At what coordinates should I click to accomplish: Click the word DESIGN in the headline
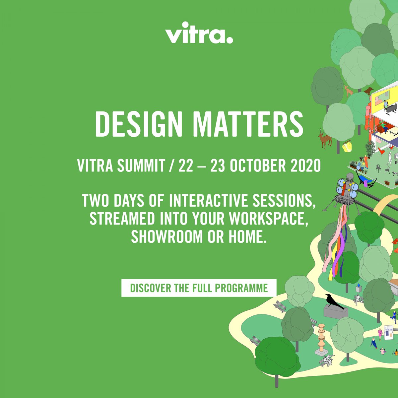[139, 124]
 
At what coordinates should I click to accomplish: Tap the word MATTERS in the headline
[248, 124]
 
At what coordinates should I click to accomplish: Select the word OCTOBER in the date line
[258, 166]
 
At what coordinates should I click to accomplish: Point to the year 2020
[306, 166]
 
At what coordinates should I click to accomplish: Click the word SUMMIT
[141, 166]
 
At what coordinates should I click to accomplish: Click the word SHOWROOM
[167, 236]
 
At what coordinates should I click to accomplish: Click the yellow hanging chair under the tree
[347, 146]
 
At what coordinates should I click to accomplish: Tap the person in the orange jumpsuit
[366, 161]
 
